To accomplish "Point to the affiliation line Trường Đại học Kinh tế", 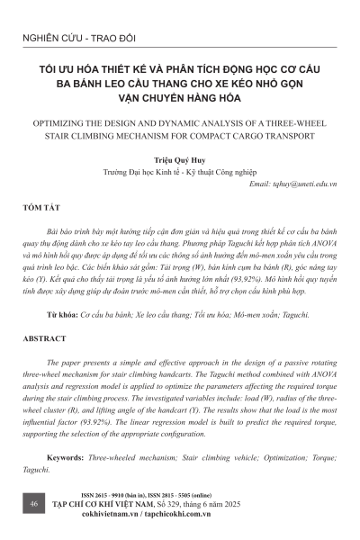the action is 180,170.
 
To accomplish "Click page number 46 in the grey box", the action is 32,506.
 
